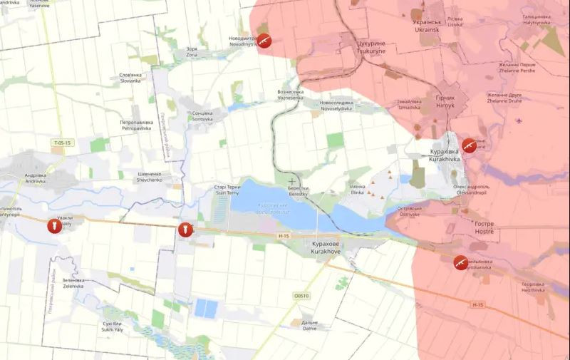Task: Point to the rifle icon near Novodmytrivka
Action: coord(264,41)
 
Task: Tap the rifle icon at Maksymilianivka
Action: coord(461,262)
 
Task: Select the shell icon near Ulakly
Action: coord(51,226)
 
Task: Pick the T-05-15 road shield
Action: coord(62,143)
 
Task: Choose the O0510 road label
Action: coord(302,295)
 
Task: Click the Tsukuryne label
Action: coord(370,46)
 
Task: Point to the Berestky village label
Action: coord(298,191)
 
